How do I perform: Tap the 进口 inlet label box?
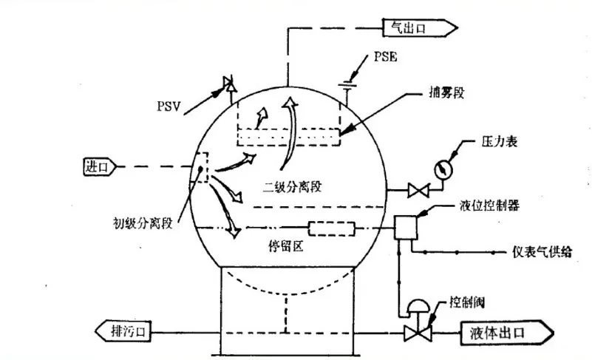98,167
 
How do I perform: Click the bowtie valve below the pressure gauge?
418,191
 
